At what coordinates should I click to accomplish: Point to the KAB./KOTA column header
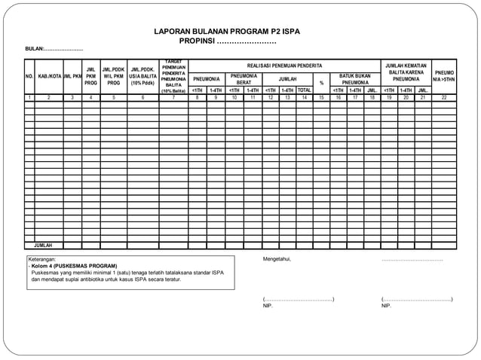(x=49, y=77)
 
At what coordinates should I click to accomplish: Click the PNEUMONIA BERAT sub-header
(x=244, y=78)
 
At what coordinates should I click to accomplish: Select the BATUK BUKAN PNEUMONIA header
(x=354, y=78)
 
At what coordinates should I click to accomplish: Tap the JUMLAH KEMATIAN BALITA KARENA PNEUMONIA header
(x=406, y=72)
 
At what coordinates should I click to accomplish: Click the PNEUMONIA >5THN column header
(x=444, y=77)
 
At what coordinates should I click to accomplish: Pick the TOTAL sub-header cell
(x=304, y=90)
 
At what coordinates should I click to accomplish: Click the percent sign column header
(x=321, y=83)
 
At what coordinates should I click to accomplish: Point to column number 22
(x=444, y=98)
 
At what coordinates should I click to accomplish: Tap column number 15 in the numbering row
(x=321, y=98)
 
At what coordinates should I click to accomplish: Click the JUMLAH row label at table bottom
(x=43, y=245)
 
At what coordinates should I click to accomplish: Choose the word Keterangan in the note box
(x=43, y=259)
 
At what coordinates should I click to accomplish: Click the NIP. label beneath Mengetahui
(x=268, y=306)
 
